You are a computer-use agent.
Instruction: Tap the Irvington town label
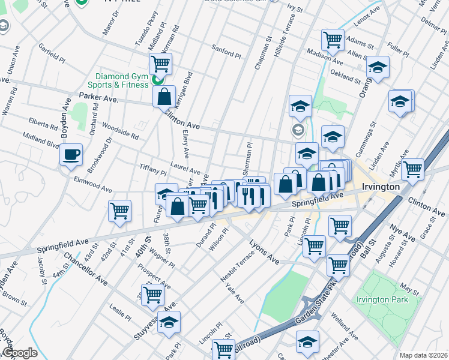tap(380, 187)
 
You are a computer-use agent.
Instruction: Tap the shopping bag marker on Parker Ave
tap(164, 95)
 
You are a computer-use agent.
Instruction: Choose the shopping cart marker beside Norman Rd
tap(160, 62)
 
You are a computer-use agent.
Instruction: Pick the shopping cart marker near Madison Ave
tap(333, 40)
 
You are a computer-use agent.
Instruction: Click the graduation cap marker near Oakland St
tap(378, 67)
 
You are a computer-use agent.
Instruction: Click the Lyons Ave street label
tap(265, 251)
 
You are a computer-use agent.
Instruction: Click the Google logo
tap(20, 353)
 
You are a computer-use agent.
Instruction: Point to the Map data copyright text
tap(423, 355)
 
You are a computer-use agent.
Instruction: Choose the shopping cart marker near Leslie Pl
tap(152, 295)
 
